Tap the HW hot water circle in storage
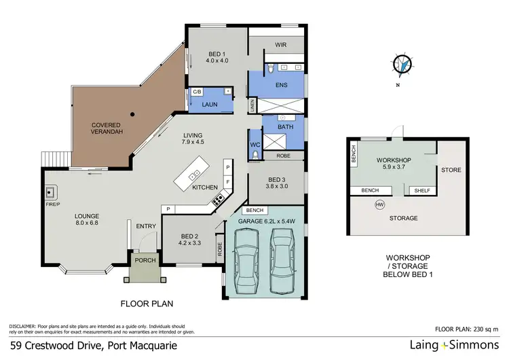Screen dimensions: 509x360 click(x=379, y=204)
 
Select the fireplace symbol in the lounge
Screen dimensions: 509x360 click(x=51, y=193)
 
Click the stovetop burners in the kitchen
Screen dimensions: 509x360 click(x=218, y=199)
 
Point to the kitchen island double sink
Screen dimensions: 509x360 click(x=194, y=175)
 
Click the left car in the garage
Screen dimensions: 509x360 click(x=246, y=261)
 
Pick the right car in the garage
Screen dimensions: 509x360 click(x=282, y=261)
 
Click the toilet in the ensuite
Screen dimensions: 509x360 click(x=271, y=69)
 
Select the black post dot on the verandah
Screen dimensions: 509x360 click(x=132, y=114)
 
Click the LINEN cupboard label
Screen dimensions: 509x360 click(x=252, y=105)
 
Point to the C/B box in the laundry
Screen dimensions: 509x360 click(x=197, y=92)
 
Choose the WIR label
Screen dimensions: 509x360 click(x=281, y=45)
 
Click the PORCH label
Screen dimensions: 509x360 click(x=145, y=260)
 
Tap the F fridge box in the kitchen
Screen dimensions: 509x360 click(x=228, y=181)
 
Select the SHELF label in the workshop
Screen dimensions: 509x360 click(x=422, y=191)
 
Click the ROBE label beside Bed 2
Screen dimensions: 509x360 click(x=220, y=249)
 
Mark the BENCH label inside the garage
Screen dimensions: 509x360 click(x=254, y=211)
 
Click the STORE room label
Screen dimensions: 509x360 click(x=451, y=170)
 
